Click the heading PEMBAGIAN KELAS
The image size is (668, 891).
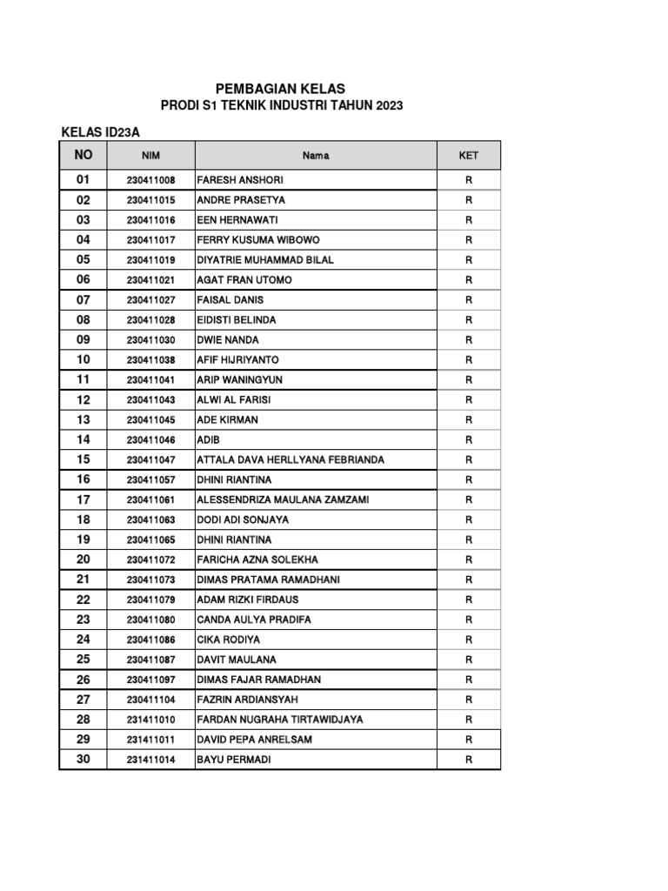tap(280, 89)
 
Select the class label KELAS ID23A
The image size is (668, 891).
tap(101, 132)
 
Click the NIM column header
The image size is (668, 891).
tap(150, 156)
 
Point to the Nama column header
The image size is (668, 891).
tap(316, 156)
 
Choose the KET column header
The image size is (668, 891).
tap(468, 156)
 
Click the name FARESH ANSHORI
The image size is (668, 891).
tap(240, 180)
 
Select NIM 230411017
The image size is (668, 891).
tap(150, 240)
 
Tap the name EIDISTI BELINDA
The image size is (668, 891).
tap(237, 320)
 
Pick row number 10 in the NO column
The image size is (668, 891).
tap(83, 359)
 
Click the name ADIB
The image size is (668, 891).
tap(209, 440)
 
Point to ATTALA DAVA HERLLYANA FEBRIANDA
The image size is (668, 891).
tap(291, 460)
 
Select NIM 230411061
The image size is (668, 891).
tap(150, 500)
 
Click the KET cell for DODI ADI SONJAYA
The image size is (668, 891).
tap(468, 520)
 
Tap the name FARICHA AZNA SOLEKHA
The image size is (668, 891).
tap(257, 560)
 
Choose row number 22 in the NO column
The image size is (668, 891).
tap(83, 600)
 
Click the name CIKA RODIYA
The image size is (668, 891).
tap(228, 640)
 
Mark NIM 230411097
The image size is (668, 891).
tap(150, 680)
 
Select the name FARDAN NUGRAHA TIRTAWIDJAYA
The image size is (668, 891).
tap(280, 720)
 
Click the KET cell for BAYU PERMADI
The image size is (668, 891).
tap(468, 760)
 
